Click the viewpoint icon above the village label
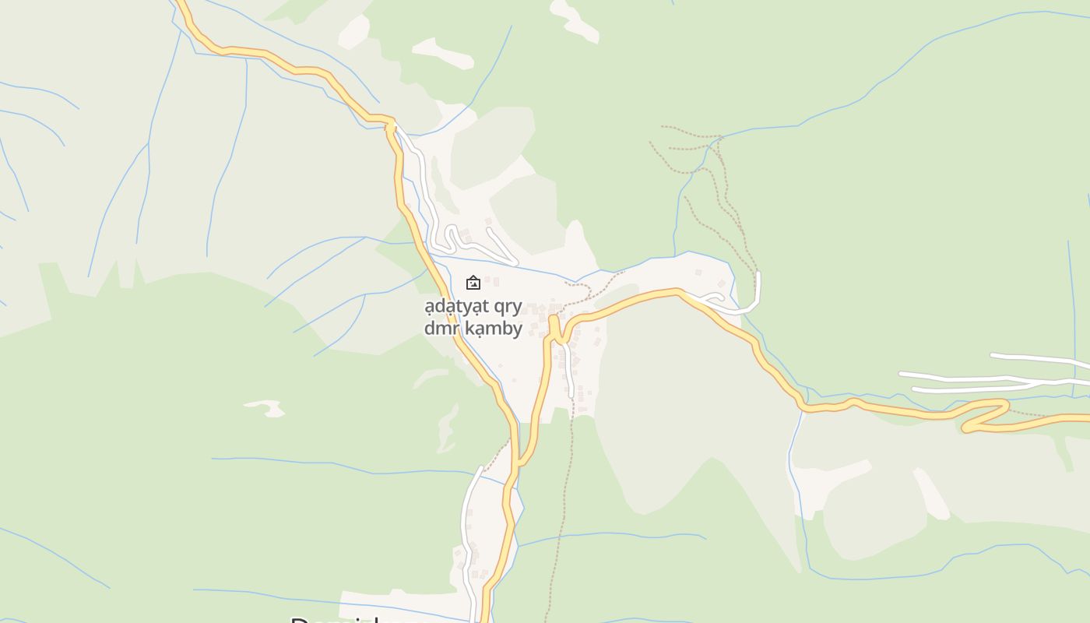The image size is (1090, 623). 473,283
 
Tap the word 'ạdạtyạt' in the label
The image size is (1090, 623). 455,306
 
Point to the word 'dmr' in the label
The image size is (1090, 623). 440,329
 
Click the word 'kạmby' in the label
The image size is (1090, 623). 494,329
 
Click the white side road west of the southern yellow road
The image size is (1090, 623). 467,530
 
